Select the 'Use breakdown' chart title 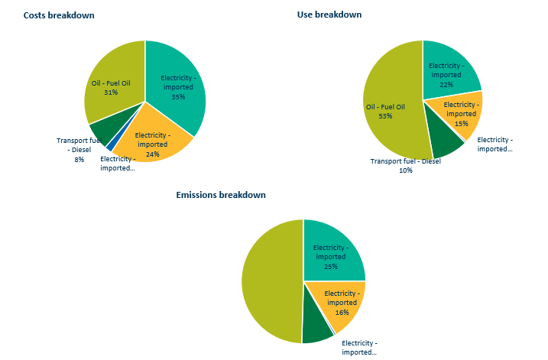click(329, 15)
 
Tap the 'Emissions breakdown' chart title click(221, 195)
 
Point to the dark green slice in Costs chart click(102, 131)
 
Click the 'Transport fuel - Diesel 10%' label click(406, 165)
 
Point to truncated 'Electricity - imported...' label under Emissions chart click(359, 348)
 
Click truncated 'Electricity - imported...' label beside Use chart click(494, 144)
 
